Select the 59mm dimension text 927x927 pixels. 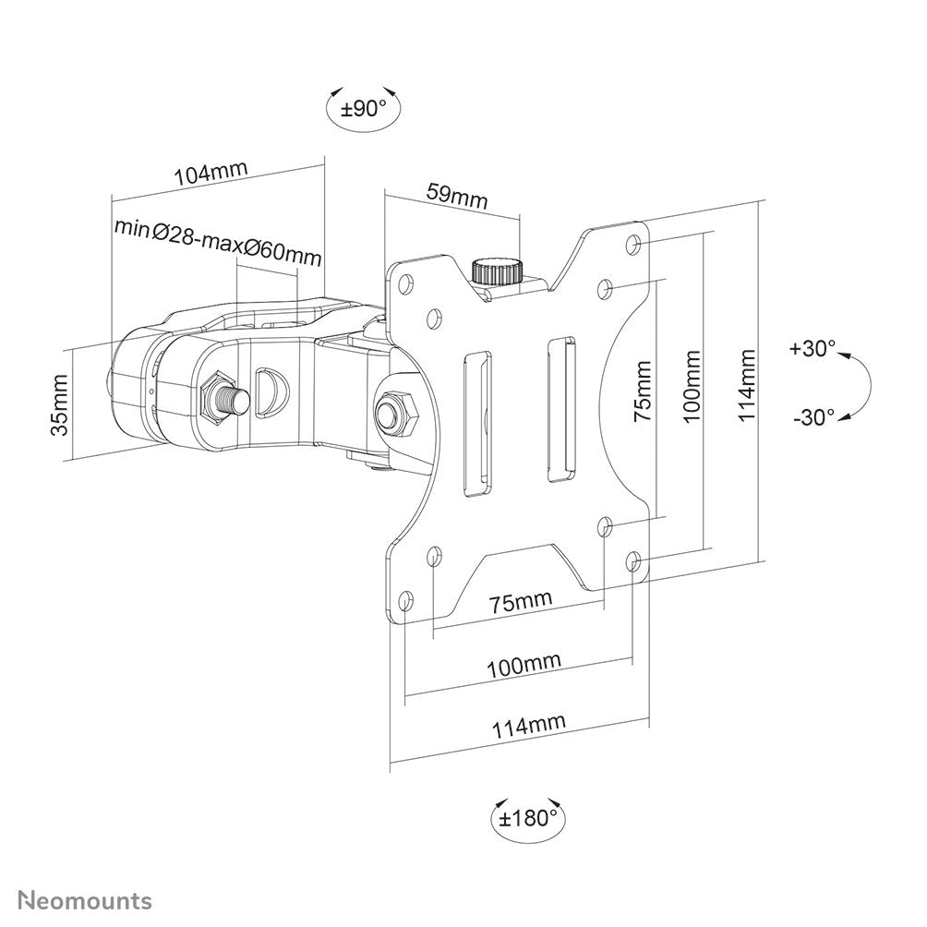click(456, 196)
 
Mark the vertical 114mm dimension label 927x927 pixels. click(748, 384)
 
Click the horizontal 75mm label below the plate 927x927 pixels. click(520, 602)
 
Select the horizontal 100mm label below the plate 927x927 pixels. click(524, 664)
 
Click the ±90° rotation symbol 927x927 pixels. click(363, 109)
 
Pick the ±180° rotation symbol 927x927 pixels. click(528, 817)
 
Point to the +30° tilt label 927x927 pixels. click(812, 349)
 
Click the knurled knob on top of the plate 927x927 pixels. click(497, 271)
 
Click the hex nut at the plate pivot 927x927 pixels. click(396, 410)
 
